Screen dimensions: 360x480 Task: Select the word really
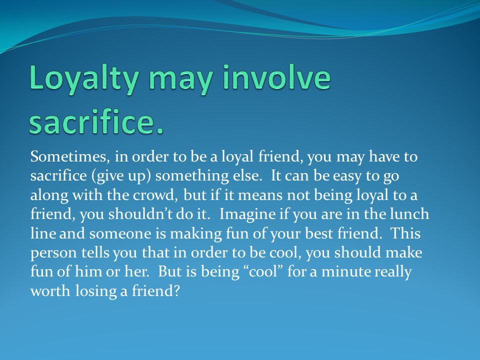[395, 272]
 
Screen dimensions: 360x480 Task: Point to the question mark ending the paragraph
[176, 291]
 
